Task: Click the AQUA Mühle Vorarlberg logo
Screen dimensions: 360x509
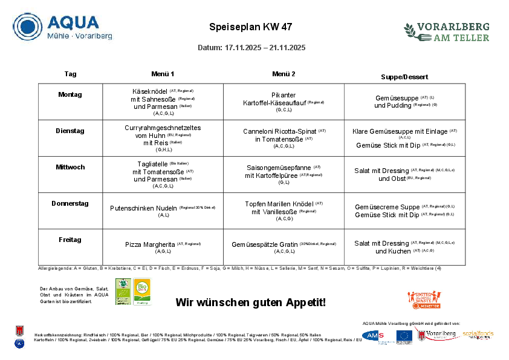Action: (x=63, y=27)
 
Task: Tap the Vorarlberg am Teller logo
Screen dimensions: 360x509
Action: (x=447, y=32)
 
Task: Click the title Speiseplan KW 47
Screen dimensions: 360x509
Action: (x=251, y=27)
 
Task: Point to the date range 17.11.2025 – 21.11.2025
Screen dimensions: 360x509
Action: (x=265, y=47)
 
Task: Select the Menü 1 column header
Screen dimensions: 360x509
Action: (x=163, y=74)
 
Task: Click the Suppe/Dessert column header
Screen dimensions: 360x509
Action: (x=404, y=77)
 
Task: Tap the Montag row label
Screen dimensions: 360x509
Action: (x=70, y=94)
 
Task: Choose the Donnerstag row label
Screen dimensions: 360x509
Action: (x=70, y=203)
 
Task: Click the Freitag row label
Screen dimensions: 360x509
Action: (x=70, y=240)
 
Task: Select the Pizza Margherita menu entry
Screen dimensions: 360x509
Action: (x=150, y=244)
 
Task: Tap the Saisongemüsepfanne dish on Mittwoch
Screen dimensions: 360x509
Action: (x=279, y=168)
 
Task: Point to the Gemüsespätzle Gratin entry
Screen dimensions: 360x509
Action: (x=265, y=244)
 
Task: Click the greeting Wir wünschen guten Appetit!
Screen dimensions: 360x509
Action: (x=251, y=302)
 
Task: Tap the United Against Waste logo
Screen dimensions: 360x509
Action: (x=424, y=300)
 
